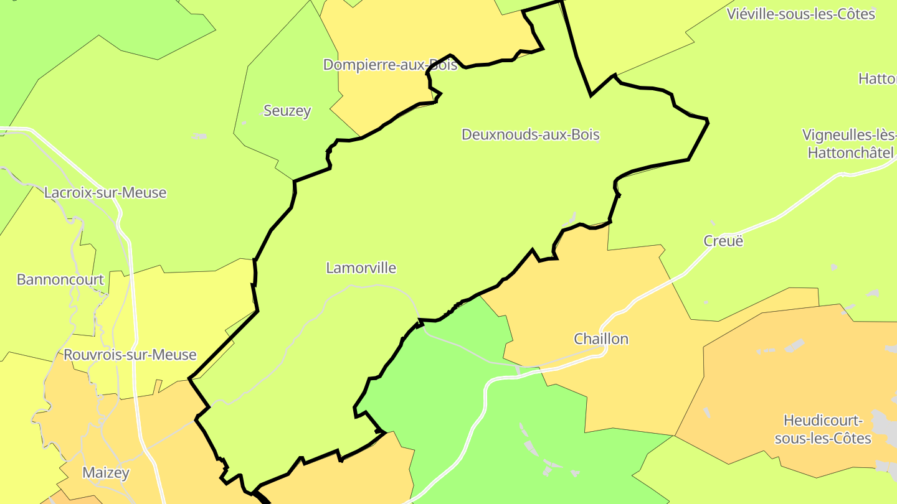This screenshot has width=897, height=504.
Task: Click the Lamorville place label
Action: tap(361, 268)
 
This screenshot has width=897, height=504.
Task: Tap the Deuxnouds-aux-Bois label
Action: tap(530, 134)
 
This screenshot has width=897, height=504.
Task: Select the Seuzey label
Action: tap(287, 111)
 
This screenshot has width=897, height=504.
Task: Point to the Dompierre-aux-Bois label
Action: tap(390, 65)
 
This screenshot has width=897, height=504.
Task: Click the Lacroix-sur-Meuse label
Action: tap(105, 193)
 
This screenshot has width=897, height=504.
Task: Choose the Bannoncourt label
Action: tap(60, 279)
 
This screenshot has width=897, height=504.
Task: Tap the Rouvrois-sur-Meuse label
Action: tap(130, 355)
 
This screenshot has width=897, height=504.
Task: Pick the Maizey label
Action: tap(106, 473)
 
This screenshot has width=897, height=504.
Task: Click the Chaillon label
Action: tap(601, 339)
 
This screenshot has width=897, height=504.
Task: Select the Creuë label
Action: tap(723, 241)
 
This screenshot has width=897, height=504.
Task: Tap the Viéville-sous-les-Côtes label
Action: tap(801, 14)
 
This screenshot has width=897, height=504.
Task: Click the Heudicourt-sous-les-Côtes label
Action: tap(822, 429)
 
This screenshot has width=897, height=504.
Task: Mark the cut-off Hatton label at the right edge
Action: tap(877, 79)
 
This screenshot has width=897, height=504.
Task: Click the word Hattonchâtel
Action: tap(850, 153)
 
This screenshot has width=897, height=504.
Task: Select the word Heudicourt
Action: tap(822, 421)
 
